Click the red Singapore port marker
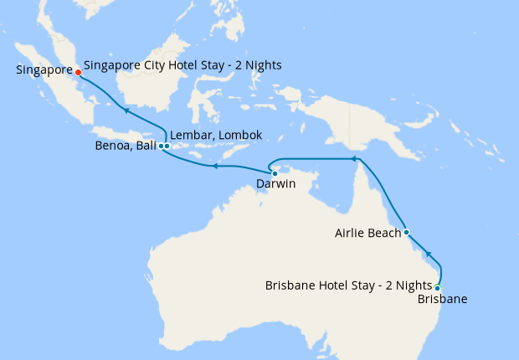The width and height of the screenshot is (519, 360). click(x=78, y=72)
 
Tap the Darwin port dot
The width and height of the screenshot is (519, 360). click(x=275, y=173)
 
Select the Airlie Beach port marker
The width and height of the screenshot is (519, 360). click(x=406, y=232)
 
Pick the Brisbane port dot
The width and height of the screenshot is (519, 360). click(x=438, y=287)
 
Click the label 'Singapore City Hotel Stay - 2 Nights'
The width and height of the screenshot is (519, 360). click(x=182, y=65)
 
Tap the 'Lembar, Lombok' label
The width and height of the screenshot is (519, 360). click(x=216, y=135)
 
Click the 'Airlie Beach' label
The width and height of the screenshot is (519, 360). click(x=367, y=234)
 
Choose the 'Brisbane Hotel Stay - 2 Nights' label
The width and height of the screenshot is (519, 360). click(x=348, y=285)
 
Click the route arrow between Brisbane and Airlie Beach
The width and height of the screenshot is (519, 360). click(x=429, y=253)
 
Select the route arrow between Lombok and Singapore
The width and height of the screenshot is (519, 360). click(x=125, y=110)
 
